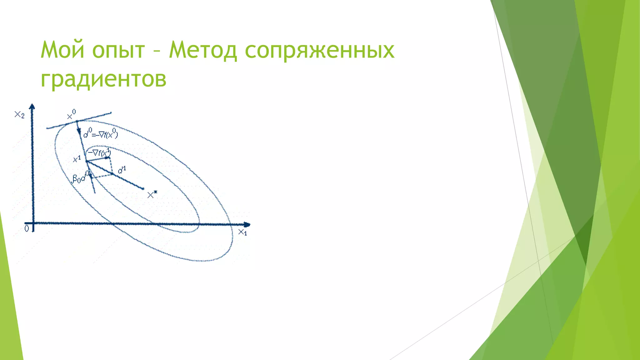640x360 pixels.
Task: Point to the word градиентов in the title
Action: pos(103,79)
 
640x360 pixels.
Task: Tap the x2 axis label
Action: pos(19,115)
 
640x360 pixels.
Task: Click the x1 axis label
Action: pos(242,232)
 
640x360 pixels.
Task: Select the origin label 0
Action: pos(27,229)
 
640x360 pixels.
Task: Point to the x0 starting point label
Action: pos(72,115)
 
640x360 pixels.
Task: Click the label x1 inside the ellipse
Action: pos(77,159)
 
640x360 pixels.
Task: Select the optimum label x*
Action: pos(152,195)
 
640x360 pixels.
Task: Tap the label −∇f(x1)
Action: pos(99,152)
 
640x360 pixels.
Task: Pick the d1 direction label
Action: pos(122,170)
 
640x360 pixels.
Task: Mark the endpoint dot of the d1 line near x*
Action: pos(143,188)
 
